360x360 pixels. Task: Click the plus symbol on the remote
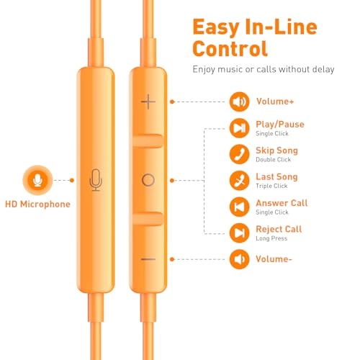tap(148, 102)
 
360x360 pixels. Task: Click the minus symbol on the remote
tap(148, 259)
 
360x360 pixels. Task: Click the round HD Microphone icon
tap(37, 180)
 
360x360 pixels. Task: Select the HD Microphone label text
tap(37, 204)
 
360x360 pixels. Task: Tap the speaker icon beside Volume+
tap(239, 102)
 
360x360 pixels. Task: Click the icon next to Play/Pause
tap(239, 128)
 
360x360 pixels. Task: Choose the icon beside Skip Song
tap(239, 154)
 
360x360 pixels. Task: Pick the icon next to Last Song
tap(239, 181)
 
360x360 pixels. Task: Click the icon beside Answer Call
tap(239, 207)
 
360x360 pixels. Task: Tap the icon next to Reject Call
tap(239, 233)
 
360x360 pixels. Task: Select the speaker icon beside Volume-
tap(239, 259)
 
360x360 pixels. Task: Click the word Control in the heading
tap(230, 48)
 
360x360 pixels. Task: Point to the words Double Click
tap(274, 160)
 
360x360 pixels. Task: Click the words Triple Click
tap(271, 186)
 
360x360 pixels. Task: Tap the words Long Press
tap(271, 238)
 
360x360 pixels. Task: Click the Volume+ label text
tap(275, 102)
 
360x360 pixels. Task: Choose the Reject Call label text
tap(279, 229)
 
